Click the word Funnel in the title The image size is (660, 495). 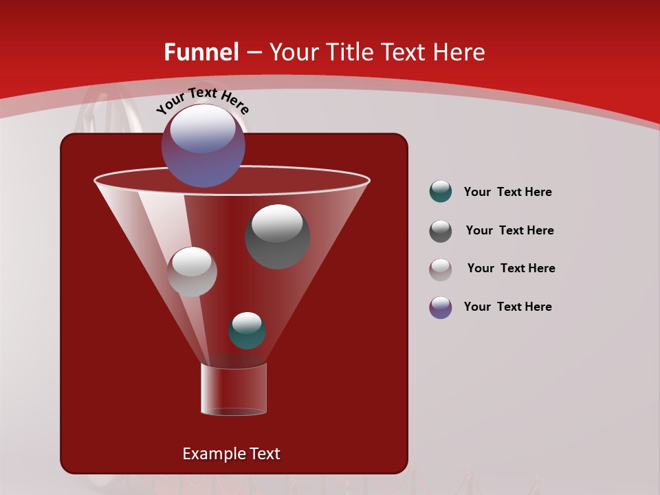(201, 52)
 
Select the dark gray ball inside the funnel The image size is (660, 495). (277, 237)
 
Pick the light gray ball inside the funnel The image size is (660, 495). (192, 272)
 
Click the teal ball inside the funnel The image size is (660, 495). (247, 331)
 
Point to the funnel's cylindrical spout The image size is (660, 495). (234, 389)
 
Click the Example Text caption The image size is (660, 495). (231, 454)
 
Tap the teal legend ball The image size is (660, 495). (441, 192)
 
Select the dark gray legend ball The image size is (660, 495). (441, 230)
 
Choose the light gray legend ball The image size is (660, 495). (441, 269)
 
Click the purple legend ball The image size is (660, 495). (441, 307)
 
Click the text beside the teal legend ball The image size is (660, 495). (507, 192)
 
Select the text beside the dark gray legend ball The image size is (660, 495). (509, 230)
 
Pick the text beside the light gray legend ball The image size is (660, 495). (511, 268)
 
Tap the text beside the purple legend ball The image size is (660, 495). (507, 307)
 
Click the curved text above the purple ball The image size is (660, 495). (202, 100)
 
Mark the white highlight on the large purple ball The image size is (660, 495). (203, 129)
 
